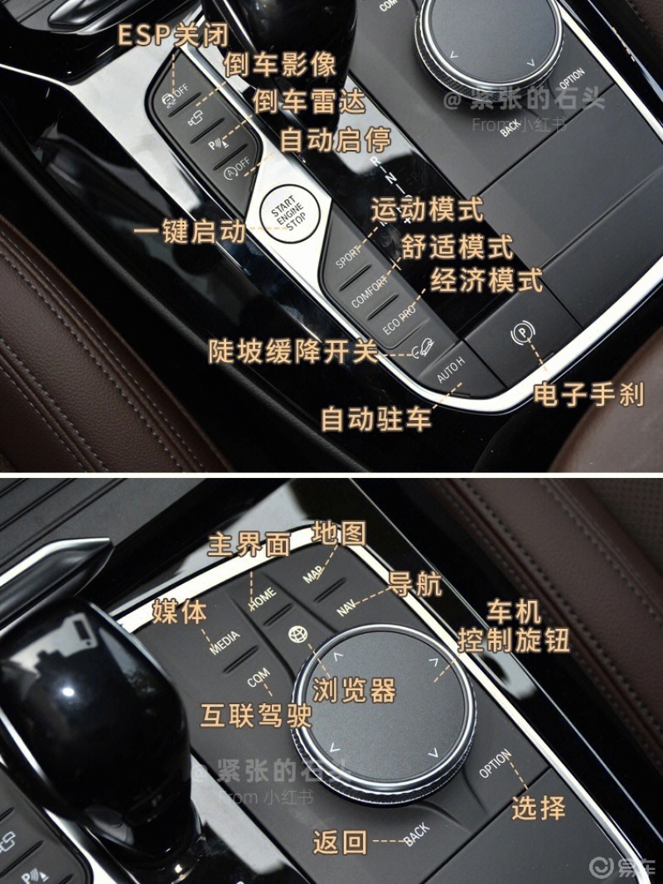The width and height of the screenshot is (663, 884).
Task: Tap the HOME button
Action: tap(263, 596)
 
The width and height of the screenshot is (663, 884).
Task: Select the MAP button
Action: tap(313, 572)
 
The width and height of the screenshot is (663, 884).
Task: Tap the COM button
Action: tap(258, 679)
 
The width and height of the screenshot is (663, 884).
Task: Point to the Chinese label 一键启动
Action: tap(191, 232)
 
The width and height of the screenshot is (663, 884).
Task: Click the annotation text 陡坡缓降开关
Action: tap(293, 351)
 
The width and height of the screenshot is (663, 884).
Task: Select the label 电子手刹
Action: tap(588, 394)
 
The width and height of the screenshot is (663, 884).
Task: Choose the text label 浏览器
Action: tap(354, 690)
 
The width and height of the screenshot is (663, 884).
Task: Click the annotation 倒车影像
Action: tap(281, 64)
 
